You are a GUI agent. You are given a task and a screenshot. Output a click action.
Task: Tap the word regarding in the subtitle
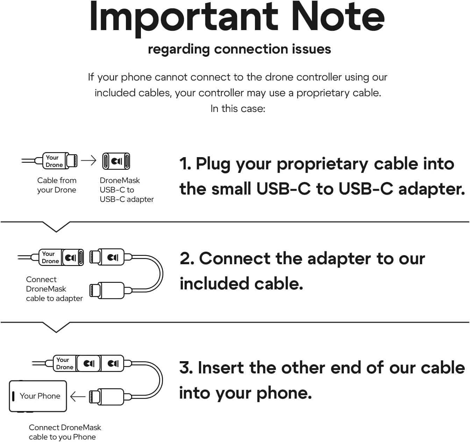click(179, 50)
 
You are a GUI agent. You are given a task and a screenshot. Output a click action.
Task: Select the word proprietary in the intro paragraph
click(322, 93)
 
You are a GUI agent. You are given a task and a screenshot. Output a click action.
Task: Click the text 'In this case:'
click(238, 109)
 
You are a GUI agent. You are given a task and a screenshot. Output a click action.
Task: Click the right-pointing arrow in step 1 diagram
click(88, 161)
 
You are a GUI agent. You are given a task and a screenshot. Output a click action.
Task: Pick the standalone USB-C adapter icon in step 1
click(116, 161)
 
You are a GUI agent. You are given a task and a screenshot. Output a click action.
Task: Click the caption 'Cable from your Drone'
click(57, 185)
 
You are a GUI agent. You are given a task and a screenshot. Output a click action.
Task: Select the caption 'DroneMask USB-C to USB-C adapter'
click(127, 190)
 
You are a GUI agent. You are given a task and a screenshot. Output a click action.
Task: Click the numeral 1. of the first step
click(185, 164)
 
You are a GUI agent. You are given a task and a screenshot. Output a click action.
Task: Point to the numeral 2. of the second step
click(187, 258)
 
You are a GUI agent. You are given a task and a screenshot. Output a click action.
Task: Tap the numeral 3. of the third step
click(186, 367)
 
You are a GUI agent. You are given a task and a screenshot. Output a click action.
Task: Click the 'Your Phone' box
click(38, 396)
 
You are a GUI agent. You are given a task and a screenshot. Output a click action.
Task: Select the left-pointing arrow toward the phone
click(78, 397)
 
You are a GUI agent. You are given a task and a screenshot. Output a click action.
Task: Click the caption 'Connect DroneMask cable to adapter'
click(55, 289)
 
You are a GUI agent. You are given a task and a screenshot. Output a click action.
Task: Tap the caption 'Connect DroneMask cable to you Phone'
click(65, 432)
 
